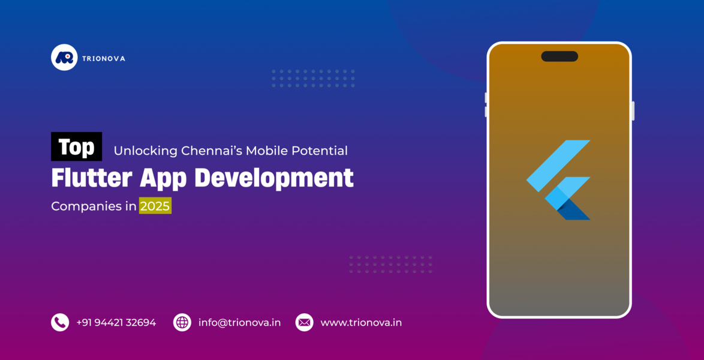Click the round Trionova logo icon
coord(64,58)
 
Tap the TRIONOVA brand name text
coord(104,58)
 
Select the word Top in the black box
coord(76,147)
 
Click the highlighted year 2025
coord(155,206)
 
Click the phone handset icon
coord(60,322)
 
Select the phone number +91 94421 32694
coord(116,322)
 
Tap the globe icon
coord(182,322)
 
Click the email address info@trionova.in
coord(239,322)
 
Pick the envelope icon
coord(304,322)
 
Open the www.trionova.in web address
coord(361,322)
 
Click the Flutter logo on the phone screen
coord(559,180)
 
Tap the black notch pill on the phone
coord(559,56)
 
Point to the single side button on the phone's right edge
coord(633,110)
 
